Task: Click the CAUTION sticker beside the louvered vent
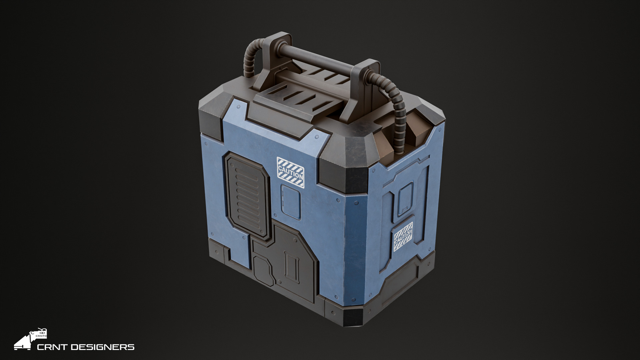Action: click(x=290, y=172)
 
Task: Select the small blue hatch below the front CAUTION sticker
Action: click(x=291, y=202)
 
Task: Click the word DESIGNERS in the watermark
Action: click(x=102, y=347)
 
